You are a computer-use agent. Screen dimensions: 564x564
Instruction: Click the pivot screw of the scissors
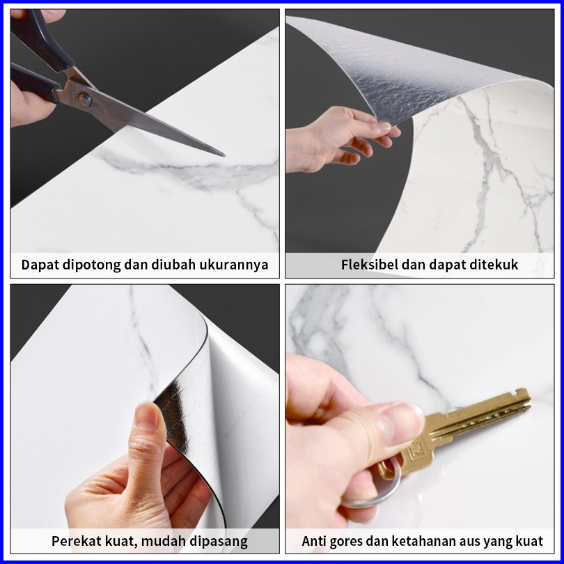point(84,100)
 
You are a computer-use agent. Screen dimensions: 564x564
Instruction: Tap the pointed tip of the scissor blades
point(224,155)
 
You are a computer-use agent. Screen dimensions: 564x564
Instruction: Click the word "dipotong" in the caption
point(92,265)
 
